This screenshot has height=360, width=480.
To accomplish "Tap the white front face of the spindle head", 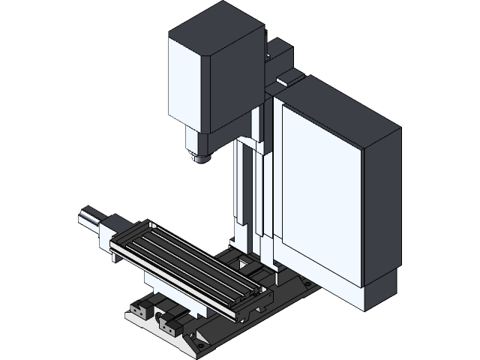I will pyautogui.click(x=187, y=82).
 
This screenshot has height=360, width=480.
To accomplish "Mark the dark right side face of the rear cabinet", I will pyautogui.click(x=382, y=210).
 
